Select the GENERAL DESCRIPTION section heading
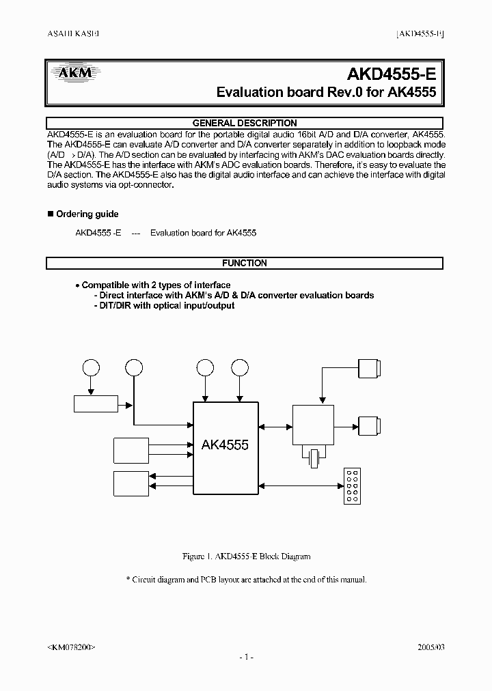[x=245, y=124]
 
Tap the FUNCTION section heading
[x=245, y=263]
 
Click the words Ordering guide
[x=87, y=214]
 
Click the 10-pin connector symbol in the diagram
[x=353, y=486]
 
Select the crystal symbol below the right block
[x=314, y=458]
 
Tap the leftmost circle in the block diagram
[x=91, y=368]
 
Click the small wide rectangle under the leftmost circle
[x=96, y=404]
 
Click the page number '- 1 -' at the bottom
[x=246, y=657]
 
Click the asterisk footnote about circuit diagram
[x=247, y=580]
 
